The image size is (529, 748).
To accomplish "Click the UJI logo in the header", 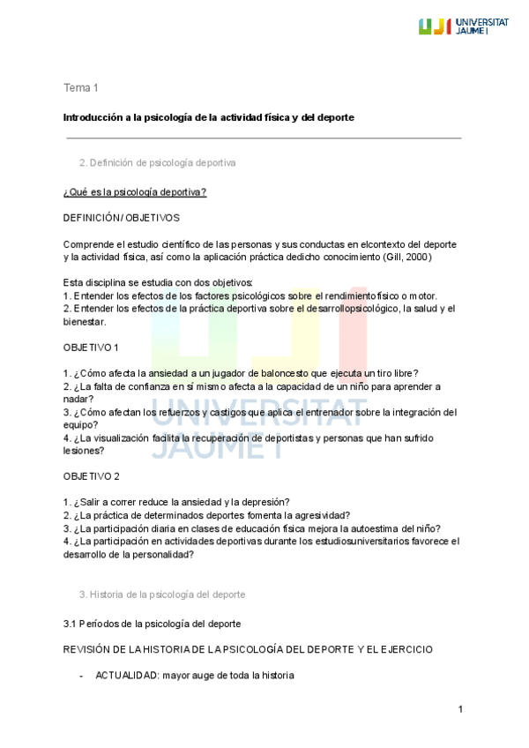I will tap(464, 26).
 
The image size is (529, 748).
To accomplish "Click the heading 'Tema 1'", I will tap(80, 87).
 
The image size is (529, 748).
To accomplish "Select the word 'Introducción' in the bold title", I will tap(93, 117).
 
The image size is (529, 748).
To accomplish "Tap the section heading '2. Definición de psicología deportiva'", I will tap(157, 163).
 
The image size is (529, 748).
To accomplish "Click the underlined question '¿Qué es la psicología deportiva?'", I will tap(135, 191).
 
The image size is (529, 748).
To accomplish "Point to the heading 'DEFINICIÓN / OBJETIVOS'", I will tap(121, 217).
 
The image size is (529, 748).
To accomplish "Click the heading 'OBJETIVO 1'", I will tap(92, 348).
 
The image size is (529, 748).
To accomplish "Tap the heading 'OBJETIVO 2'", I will tap(92, 476).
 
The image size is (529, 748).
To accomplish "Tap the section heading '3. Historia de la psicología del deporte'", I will tap(162, 595).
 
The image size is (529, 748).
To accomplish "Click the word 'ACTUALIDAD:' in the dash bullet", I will tap(121, 676).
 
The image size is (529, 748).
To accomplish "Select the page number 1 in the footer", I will tap(460, 710).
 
